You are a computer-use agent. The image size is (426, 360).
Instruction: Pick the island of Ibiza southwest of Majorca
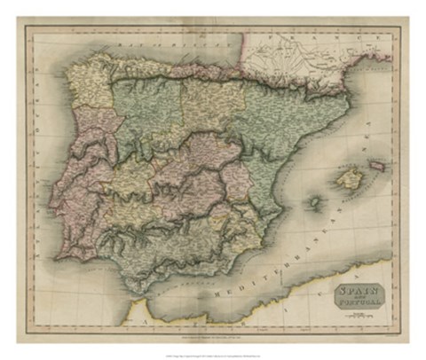point(313,202)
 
